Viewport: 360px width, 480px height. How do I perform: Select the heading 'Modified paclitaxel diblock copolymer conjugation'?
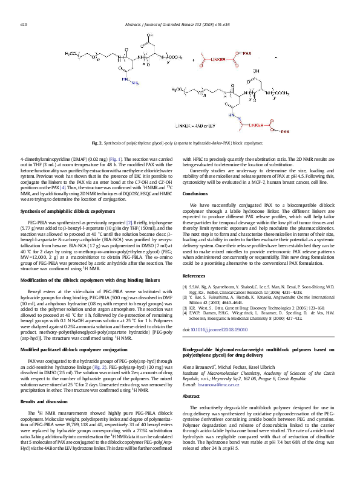(x=70, y=332)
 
